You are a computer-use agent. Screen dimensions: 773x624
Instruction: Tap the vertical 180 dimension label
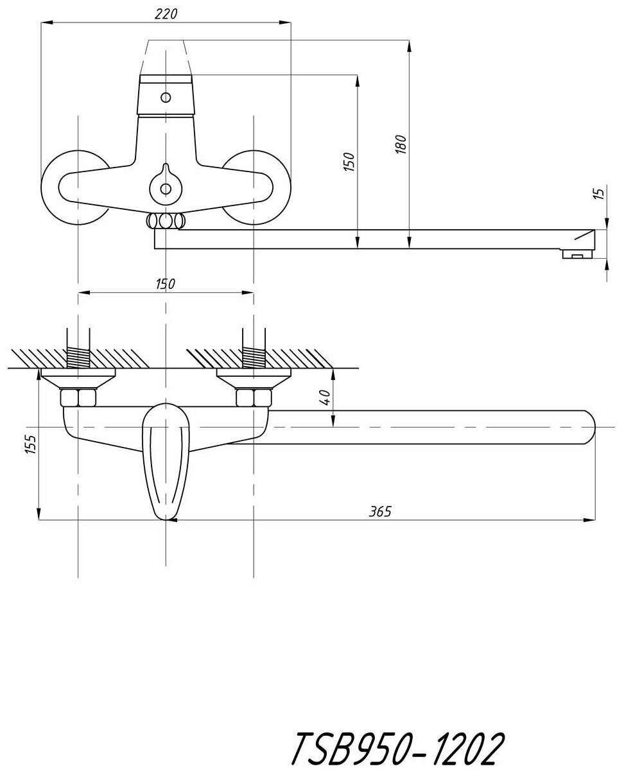401,144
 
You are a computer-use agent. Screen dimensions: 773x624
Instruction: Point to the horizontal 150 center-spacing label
166,283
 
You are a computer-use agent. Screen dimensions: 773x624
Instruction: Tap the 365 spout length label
380,511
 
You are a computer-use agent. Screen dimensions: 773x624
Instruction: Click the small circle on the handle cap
166,98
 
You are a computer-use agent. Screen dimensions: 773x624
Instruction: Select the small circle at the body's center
166,189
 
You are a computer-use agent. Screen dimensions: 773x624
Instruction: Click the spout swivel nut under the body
166,221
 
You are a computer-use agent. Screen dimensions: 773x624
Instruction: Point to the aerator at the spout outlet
577,256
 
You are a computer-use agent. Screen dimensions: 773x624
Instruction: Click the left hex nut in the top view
77,398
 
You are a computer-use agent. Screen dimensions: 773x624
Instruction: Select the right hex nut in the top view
254,398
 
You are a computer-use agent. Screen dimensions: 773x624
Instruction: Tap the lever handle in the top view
165,459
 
